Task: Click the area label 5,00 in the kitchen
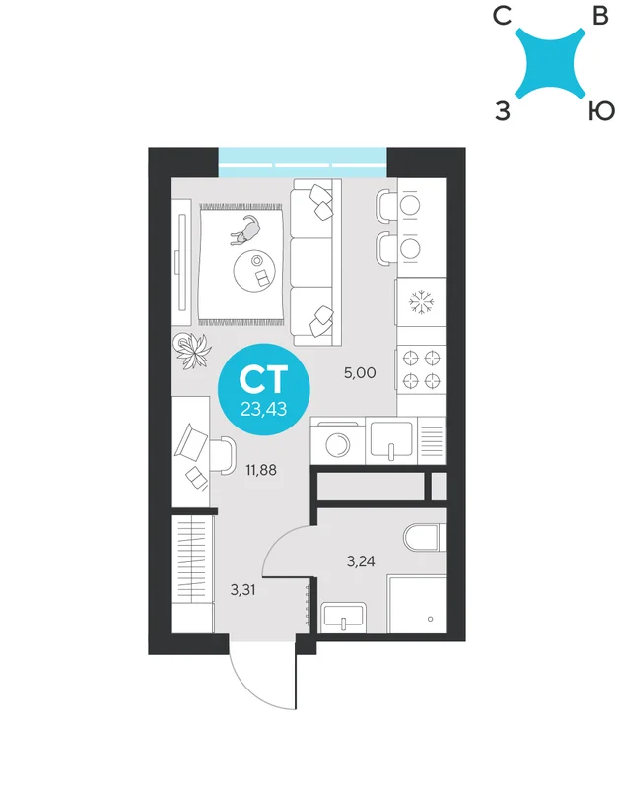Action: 360,373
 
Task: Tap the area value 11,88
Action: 261,471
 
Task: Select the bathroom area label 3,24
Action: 361,561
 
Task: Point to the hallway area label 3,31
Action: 242,589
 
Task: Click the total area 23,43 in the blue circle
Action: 264,409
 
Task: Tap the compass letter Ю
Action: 601,111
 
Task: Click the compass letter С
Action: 503,16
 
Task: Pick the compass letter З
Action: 503,111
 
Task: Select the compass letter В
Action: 600,16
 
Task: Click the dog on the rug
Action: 245,230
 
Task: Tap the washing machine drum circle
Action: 337,445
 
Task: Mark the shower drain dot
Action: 430,619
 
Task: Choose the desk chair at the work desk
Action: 222,455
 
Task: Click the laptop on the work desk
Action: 190,442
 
